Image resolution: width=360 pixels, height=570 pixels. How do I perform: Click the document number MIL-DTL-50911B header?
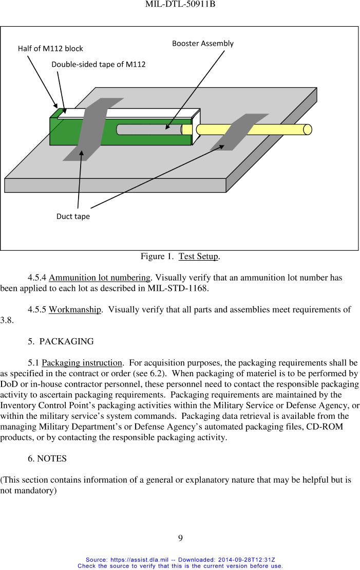[x=180, y=5]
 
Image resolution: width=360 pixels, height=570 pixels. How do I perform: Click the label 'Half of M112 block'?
[x=50, y=49]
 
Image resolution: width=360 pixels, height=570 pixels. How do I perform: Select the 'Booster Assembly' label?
[x=202, y=44]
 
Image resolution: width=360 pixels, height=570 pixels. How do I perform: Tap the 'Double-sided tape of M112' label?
[x=98, y=65]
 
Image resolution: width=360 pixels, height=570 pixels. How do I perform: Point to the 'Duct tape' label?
[x=73, y=216]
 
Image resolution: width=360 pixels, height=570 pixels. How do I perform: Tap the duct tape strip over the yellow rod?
[x=234, y=132]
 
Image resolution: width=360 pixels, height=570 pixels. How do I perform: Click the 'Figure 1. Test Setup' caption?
[x=180, y=256]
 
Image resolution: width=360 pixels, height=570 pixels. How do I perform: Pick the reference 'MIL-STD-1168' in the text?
[x=183, y=288]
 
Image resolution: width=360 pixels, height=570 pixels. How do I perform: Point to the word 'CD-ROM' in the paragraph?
[x=325, y=427]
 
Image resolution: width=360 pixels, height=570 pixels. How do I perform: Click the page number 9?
[x=180, y=539]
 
